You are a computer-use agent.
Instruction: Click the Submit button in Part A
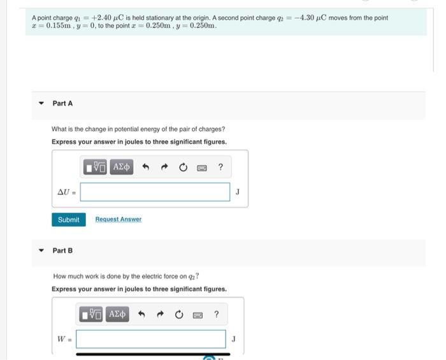tap(68, 220)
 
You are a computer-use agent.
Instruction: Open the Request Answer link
tap(118, 219)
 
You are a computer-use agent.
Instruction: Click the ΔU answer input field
tap(155, 192)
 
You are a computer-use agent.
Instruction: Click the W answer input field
tap(151, 339)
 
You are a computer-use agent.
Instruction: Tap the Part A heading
tap(62, 103)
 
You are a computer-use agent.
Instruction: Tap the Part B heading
tap(62, 250)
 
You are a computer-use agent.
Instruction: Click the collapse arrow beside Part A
tap(41, 103)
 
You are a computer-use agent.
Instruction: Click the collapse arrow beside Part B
tap(41, 250)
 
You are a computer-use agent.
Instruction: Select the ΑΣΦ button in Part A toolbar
tap(121, 168)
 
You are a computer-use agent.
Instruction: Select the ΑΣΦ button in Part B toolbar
tap(117, 315)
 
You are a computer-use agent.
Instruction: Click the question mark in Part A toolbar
tap(220, 168)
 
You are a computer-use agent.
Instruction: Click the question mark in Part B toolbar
tap(217, 315)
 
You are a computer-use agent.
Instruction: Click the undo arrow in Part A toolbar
tap(145, 168)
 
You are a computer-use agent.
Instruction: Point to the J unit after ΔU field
tap(238, 191)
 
